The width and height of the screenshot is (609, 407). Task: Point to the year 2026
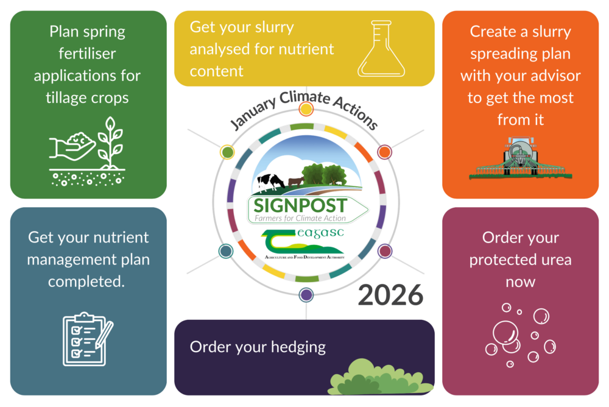[390, 295]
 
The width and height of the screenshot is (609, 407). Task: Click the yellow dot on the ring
[306, 109]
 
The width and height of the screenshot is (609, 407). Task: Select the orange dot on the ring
[384, 152]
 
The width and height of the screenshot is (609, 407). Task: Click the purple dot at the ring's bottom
[306, 295]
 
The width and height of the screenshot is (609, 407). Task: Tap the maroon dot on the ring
[384, 250]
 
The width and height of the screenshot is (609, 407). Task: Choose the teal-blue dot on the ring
[226, 251]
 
